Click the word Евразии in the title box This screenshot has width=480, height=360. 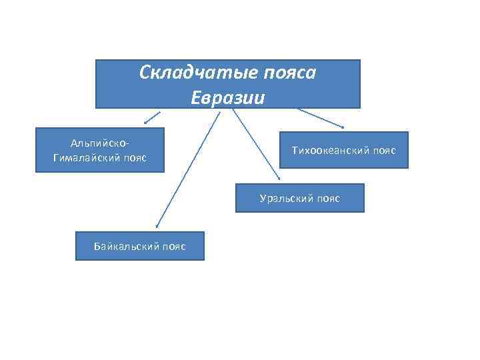point(228,97)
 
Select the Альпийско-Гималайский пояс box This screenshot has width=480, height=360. point(99,150)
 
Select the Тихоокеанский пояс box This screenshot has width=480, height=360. point(343,150)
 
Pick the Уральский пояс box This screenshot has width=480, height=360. point(299,198)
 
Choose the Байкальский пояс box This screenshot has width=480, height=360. point(140,246)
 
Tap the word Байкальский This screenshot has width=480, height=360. point(127,247)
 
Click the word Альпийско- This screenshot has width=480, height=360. point(99,143)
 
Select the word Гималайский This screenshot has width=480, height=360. point(87,157)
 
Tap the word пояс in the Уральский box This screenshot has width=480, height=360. point(328,199)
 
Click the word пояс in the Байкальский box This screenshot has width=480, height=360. point(173,247)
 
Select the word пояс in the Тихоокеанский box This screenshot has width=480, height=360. point(384,151)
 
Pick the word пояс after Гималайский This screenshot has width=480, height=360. point(134,157)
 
